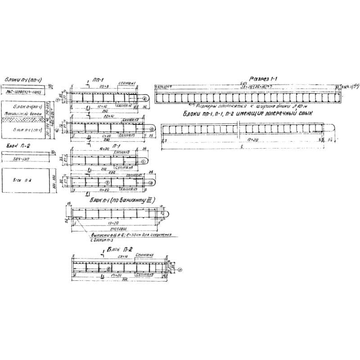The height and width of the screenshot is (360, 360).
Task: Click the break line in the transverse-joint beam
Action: pyautogui.click(x=238, y=130)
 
